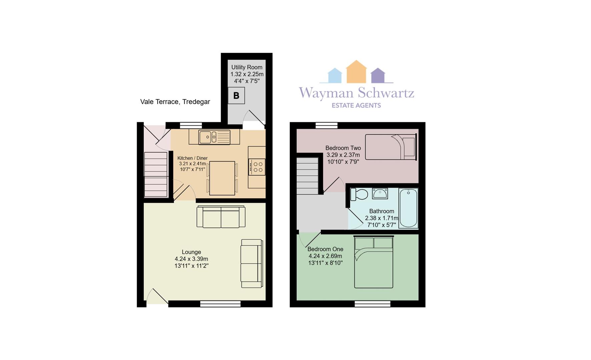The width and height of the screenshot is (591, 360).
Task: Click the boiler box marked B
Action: pyautogui.click(x=236, y=96)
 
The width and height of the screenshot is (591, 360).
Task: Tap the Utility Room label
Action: pyautogui.click(x=247, y=67)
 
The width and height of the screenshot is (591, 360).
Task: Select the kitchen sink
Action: pyautogui.click(x=214, y=137)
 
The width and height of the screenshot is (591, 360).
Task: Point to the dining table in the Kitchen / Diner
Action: pyautogui.click(x=222, y=178)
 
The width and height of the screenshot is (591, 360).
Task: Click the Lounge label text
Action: pyautogui.click(x=191, y=252)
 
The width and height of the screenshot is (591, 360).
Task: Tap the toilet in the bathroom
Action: pyautogui.click(x=359, y=194)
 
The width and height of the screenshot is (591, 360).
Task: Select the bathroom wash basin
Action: pyautogui.click(x=380, y=193)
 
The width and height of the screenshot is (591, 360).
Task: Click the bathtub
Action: pyautogui.click(x=408, y=208)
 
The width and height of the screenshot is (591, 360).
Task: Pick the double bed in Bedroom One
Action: pyautogui.click(x=374, y=262)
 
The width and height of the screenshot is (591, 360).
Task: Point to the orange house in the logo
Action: pyautogui.click(x=356, y=72)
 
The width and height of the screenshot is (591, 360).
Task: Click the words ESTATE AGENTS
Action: pyautogui.click(x=356, y=105)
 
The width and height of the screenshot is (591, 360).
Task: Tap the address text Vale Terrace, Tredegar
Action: pyautogui.click(x=175, y=102)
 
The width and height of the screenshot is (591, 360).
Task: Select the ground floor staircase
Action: pyautogui.click(x=156, y=174)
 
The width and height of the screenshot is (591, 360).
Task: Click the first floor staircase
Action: pyautogui.click(x=308, y=176)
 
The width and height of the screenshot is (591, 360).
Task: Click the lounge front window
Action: pyautogui.click(x=220, y=304)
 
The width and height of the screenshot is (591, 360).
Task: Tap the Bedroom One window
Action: pyautogui.click(x=373, y=304)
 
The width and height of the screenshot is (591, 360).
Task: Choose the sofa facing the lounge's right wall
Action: pyautogui.click(x=252, y=263)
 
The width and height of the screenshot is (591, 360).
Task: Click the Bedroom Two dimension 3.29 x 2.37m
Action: pyautogui.click(x=343, y=155)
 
